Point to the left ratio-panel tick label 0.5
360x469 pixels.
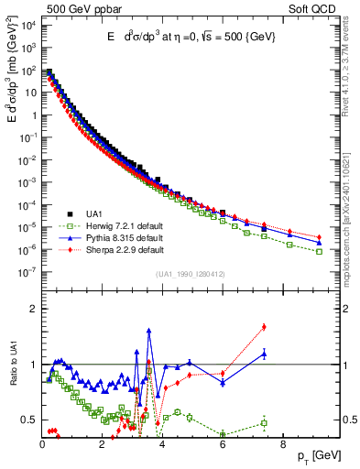click(x=28, y=420)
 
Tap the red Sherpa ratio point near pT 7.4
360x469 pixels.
click(x=264, y=326)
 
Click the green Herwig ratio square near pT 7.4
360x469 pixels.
click(x=264, y=422)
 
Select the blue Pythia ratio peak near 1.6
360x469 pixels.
click(x=149, y=331)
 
